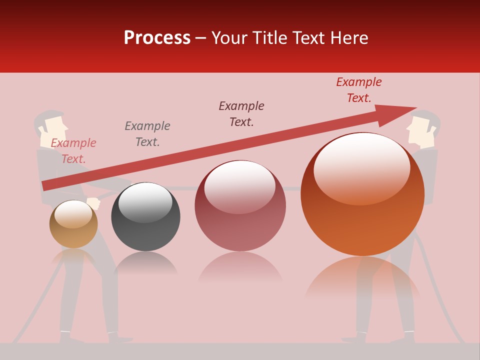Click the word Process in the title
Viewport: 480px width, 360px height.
[157, 38]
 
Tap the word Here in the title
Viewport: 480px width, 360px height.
[349, 38]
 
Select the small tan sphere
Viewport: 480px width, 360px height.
[73, 224]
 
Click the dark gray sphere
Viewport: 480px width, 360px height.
[145, 217]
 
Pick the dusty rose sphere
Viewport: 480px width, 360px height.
[240, 206]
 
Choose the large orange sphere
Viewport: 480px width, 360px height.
[362, 194]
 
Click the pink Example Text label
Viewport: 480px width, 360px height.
[73, 151]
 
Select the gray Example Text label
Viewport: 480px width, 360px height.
[147, 134]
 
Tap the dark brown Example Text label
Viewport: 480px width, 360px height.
[241, 114]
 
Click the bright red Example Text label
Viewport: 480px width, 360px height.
[358, 90]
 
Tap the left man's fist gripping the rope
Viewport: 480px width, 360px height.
[93, 204]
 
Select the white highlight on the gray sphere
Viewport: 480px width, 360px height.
[145, 201]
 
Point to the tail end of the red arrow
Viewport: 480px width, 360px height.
[46, 185]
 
